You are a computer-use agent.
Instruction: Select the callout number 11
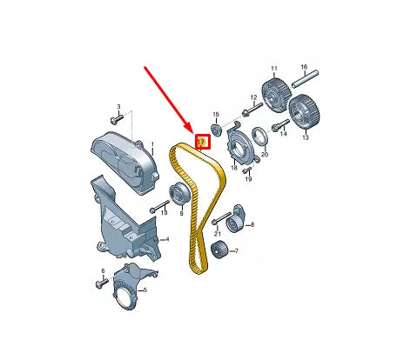273,68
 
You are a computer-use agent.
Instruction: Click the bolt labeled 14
279,129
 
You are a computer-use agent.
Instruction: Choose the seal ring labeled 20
259,137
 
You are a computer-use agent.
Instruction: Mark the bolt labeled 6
97,283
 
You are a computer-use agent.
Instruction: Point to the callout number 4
168,239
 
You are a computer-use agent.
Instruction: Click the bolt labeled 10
158,209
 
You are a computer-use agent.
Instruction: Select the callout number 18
233,167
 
